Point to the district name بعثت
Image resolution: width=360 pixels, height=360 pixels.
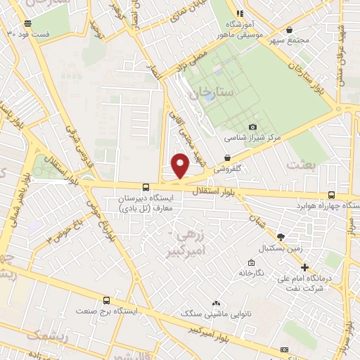302,164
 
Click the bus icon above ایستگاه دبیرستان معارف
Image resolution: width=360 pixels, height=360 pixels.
146,187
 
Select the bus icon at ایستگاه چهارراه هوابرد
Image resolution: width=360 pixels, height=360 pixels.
331,195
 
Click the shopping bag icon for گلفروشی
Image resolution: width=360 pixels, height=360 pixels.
227,158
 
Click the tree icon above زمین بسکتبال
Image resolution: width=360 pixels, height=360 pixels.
281,237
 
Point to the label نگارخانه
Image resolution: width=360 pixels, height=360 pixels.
250,272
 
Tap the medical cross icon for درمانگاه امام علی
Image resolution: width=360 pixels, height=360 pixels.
304,267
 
